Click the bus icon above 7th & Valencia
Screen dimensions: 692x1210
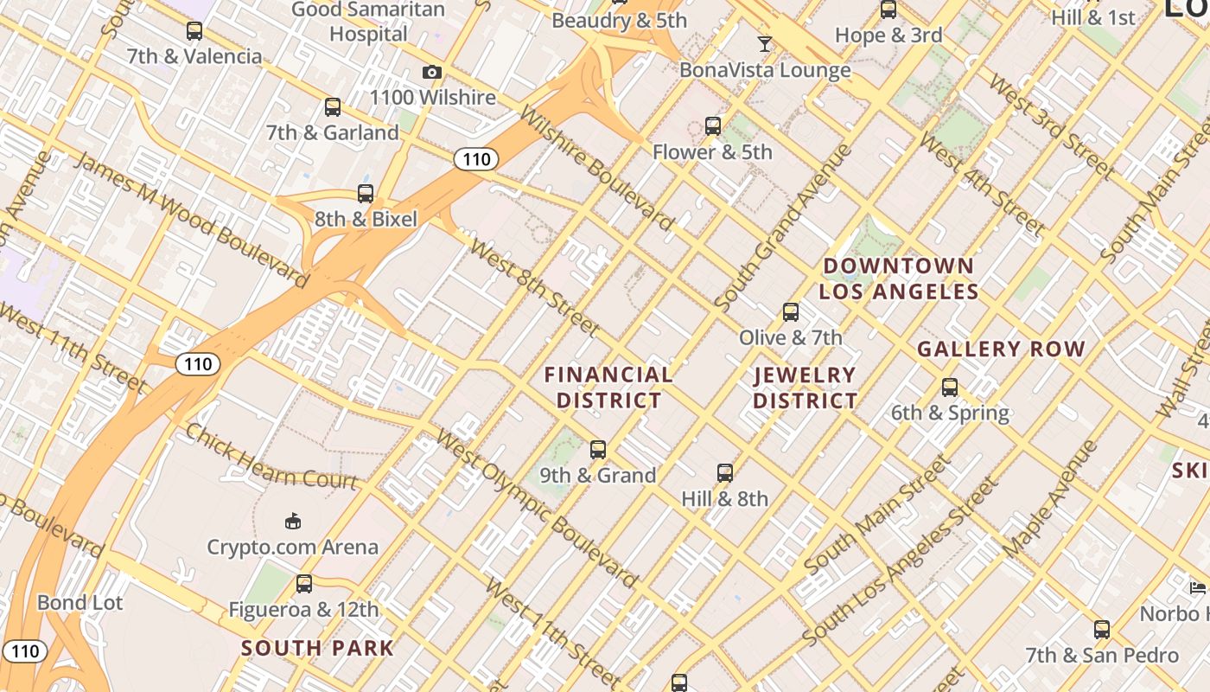pyautogui.click(x=194, y=31)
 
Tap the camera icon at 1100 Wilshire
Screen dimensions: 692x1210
pyautogui.click(x=432, y=73)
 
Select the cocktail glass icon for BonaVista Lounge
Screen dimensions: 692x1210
pyautogui.click(x=765, y=44)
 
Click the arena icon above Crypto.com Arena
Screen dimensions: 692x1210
pyautogui.click(x=293, y=521)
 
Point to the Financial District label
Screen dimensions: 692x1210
pyautogui.click(x=608, y=388)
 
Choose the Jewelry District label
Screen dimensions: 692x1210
pyautogui.click(x=805, y=388)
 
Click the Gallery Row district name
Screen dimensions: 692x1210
pyautogui.click(x=1001, y=349)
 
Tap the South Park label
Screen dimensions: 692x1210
pyautogui.click(x=317, y=648)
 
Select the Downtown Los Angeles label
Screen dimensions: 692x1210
pyautogui.click(x=899, y=279)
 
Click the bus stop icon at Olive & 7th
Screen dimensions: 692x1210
pyautogui.click(x=791, y=312)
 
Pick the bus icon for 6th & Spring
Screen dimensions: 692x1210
pyautogui.click(x=950, y=388)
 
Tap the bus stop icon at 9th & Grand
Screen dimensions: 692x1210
pyautogui.click(x=598, y=450)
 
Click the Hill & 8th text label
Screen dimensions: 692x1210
pyautogui.click(x=724, y=499)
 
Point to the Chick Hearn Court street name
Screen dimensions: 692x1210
pyautogui.click(x=271, y=457)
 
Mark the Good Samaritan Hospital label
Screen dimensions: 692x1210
pyautogui.click(x=368, y=22)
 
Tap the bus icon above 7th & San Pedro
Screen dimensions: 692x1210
pyautogui.click(x=1102, y=630)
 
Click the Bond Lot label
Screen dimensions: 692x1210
pyautogui.click(x=80, y=603)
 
